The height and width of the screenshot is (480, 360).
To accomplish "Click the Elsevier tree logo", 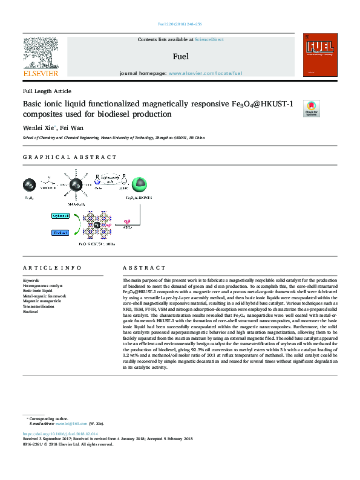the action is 41,53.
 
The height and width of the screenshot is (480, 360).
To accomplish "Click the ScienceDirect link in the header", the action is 209,40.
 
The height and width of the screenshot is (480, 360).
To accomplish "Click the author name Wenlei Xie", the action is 39,128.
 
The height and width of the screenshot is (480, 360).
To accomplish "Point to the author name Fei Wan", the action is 71,128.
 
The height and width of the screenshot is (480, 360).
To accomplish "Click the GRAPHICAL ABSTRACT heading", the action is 70,157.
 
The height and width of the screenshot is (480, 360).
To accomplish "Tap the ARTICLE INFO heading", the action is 52,267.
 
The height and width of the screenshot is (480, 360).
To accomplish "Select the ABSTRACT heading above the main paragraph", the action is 143,267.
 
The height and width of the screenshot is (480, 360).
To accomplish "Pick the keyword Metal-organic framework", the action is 44,296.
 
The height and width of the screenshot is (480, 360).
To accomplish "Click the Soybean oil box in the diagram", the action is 60,216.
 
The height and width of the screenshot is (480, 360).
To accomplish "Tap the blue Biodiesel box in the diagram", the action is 60,232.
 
